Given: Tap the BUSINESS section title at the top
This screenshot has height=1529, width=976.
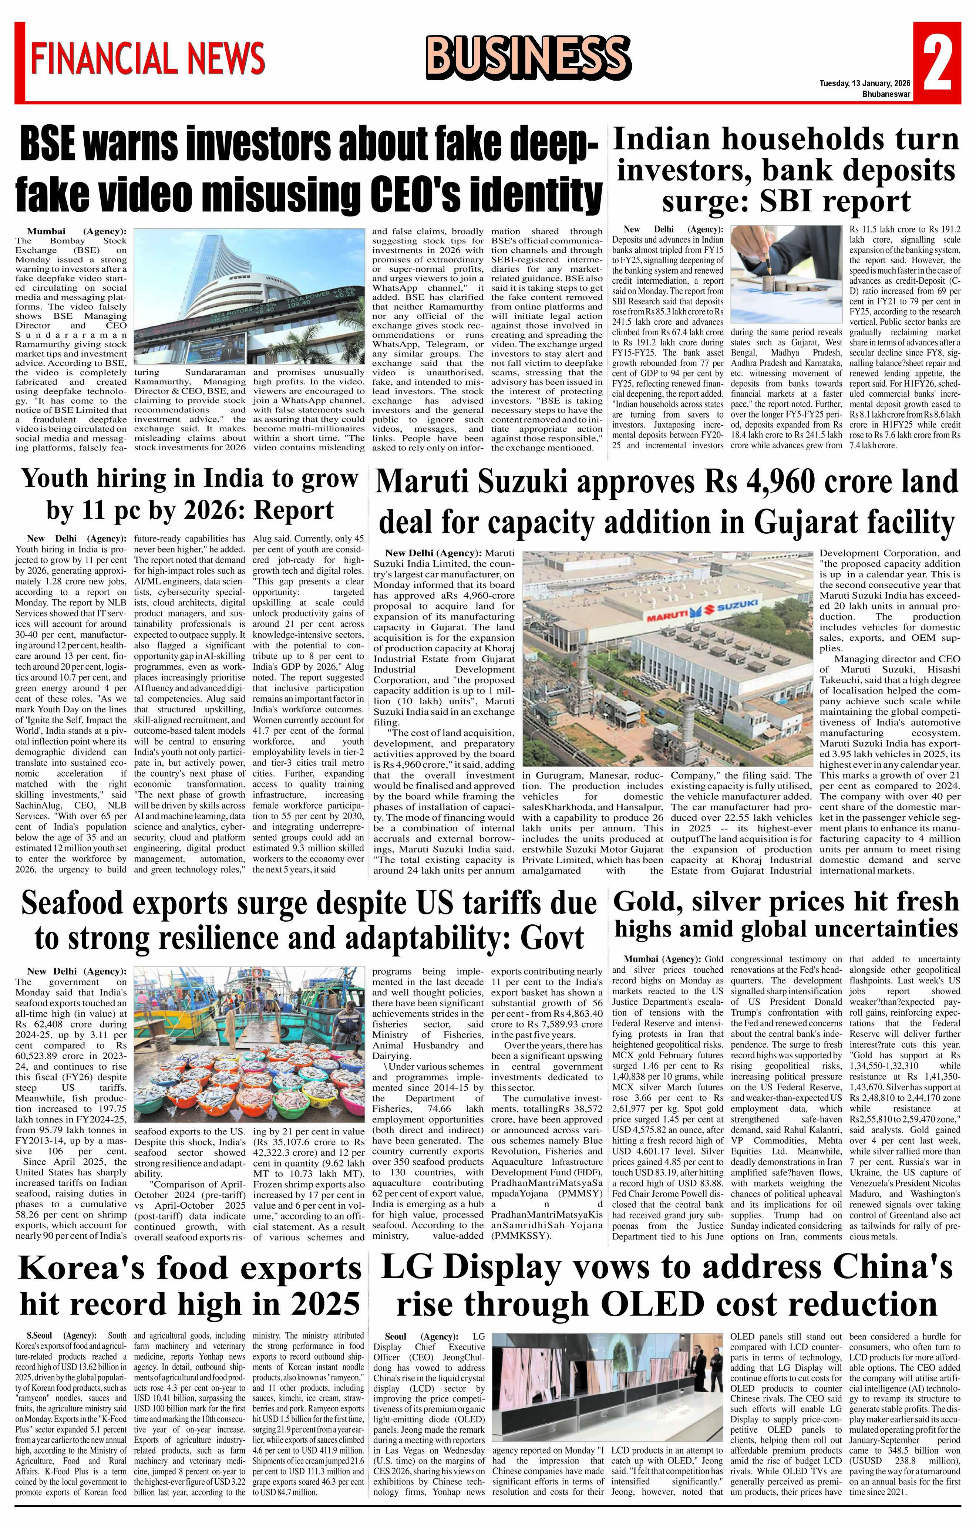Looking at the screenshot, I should pos(528,57).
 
